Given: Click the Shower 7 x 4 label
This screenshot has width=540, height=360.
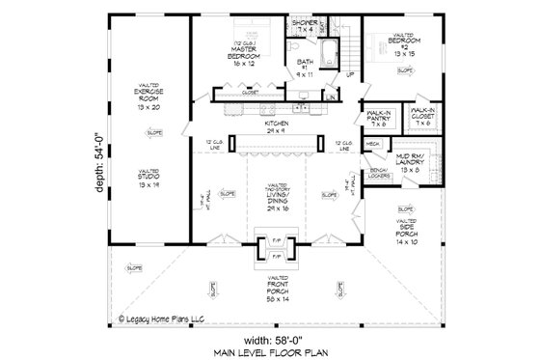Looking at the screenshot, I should [x=306, y=26].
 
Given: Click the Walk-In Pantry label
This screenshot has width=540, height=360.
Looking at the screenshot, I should [x=378, y=119].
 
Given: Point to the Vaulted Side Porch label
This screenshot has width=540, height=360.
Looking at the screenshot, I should [x=404, y=229].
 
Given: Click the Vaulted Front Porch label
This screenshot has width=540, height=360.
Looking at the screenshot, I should [x=276, y=285].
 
